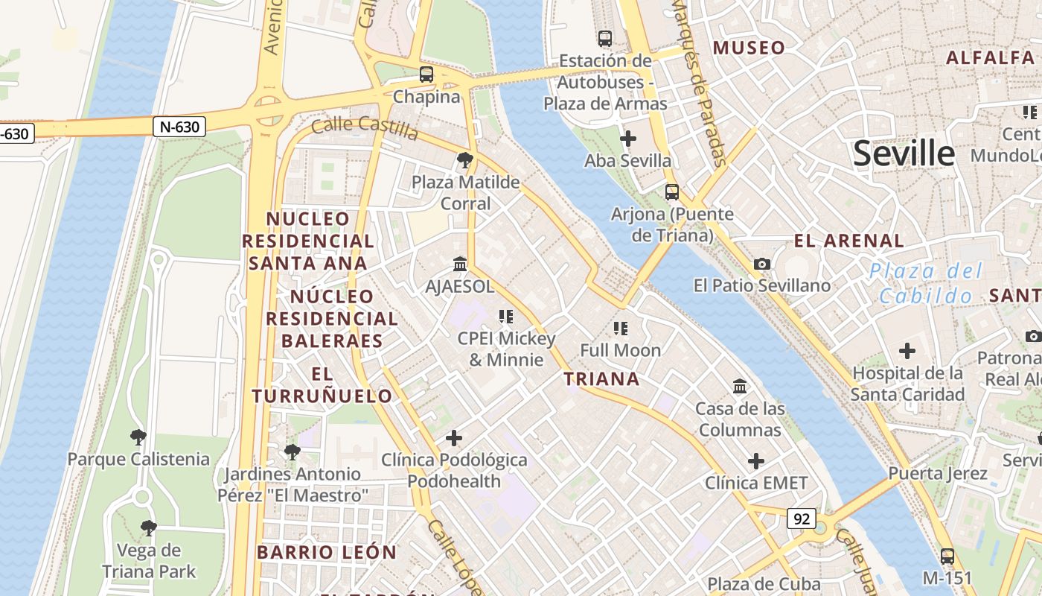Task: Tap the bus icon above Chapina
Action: pyautogui.click(x=426, y=74)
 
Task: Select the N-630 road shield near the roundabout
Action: pyautogui.click(x=179, y=127)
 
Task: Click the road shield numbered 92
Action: pyautogui.click(x=802, y=519)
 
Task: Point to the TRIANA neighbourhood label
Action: pyautogui.click(x=601, y=378)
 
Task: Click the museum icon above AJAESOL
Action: pyautogui.click(x=460, y=264)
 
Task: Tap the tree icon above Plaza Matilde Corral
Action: pyautogui.click(x=465, y=159)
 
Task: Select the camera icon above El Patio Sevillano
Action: pyautogui.click(x=761, y=264)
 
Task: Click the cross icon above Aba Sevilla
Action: pyautogui.click(x=628, y=139)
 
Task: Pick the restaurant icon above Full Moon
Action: pyautogui.click(x=621, y=329)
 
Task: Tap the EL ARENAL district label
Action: pyautogui.click(x=848, y=241)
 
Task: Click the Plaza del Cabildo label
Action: pyautogui.click(x=926, y=283)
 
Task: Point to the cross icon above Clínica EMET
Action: pyautogui.click(x=756, y=461)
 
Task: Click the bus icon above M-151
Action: pyautogui.click(x=947, y=556)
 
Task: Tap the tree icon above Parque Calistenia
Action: pyautogui.click(x=138, y=437)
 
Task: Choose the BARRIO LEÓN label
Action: pyautogui.click(x=327, y=552)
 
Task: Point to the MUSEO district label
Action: pyautogui.click(x=749, y=48)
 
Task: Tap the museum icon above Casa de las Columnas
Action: pyautogui.click(x=740, y=387)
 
